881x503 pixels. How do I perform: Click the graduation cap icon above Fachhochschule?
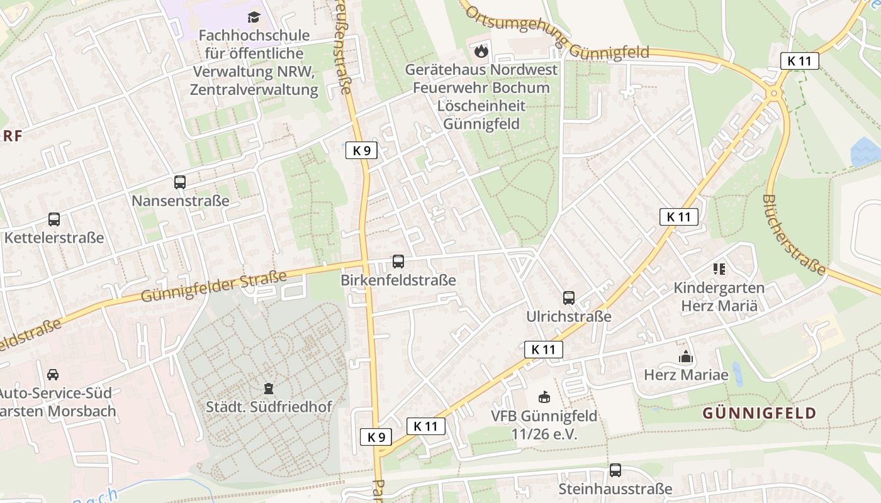point(254,17)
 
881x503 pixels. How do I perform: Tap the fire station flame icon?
point(481,51)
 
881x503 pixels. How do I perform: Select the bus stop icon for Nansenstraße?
point(180,182)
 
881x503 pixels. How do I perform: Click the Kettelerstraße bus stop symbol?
point(54,219)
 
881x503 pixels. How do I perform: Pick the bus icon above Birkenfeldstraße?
point(398,261)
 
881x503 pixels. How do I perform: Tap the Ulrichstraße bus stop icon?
point(569,297)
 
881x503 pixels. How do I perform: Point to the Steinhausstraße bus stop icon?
point(615,470)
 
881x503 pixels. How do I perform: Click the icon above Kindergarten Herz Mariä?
point(719,269)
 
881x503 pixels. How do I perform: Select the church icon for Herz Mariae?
point(686,357)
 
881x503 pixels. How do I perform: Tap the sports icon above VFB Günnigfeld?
point(544,397)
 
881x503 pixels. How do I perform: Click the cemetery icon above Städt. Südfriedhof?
point(269,388)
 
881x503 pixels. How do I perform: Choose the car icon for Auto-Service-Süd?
point(53,374)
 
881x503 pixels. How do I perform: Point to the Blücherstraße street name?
point(794,235)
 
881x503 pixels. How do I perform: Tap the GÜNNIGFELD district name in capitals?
point(760,413)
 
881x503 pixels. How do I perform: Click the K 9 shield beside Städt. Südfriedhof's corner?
point(376,437)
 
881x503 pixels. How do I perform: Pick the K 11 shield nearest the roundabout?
point(800,61)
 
